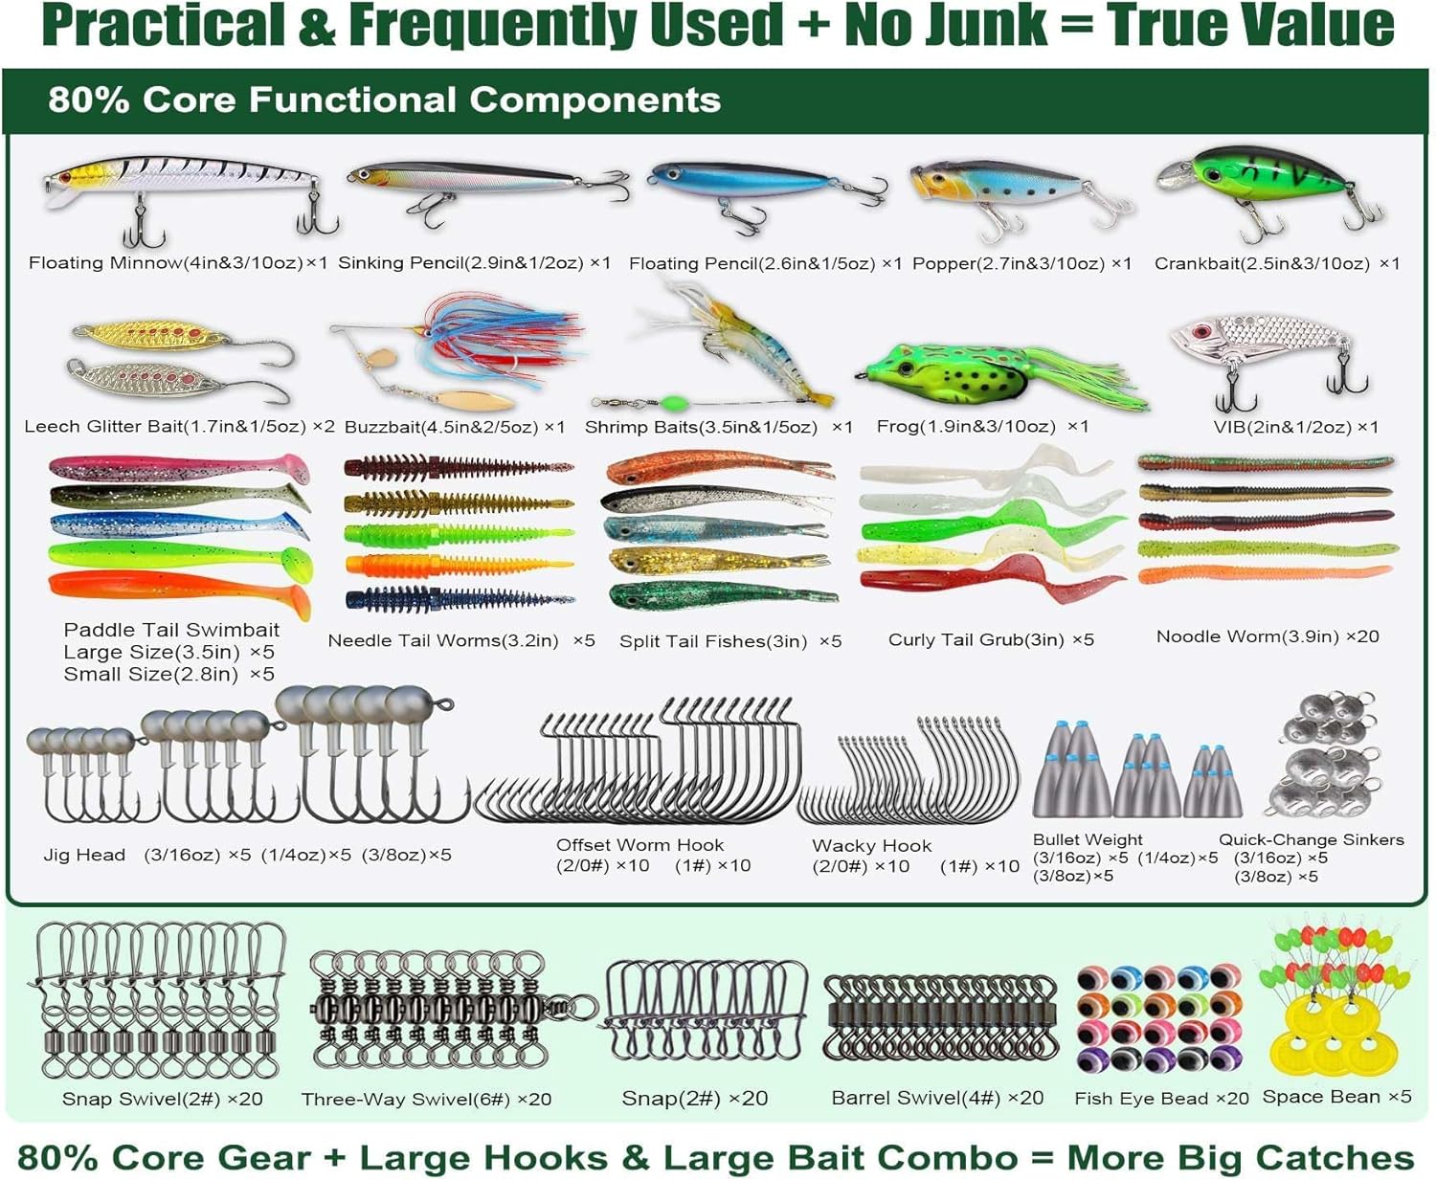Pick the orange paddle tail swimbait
[x=177, y=593]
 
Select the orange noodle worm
[x=1264, y=575]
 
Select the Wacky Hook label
[x=871, y=846]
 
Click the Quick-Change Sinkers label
[x=1311, y=840]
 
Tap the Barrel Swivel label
[x=937, y=1098]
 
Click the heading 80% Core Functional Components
[x=384, y=100]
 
